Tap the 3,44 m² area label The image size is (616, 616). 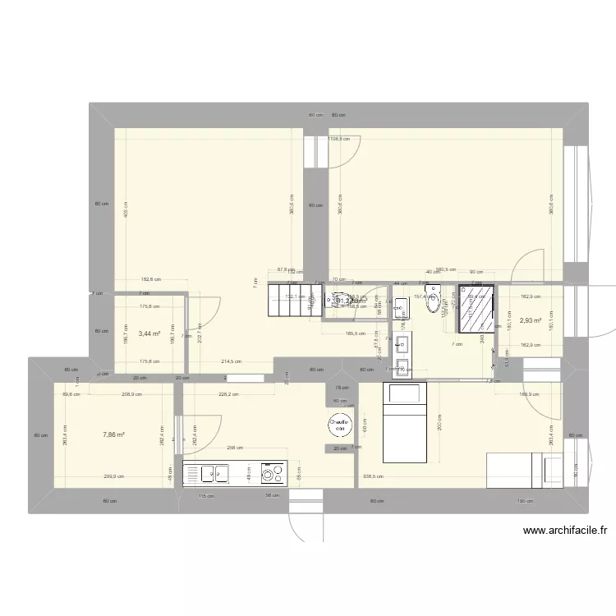pos(149,333)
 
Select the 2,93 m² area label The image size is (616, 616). pos(530,321)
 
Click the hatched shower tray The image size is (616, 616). pos(476,308)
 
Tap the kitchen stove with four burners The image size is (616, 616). pos(272,473)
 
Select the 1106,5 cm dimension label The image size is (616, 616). pos(338,139)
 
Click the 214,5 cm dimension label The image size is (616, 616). pos(231,361)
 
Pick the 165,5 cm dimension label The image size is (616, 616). pos(355,333)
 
